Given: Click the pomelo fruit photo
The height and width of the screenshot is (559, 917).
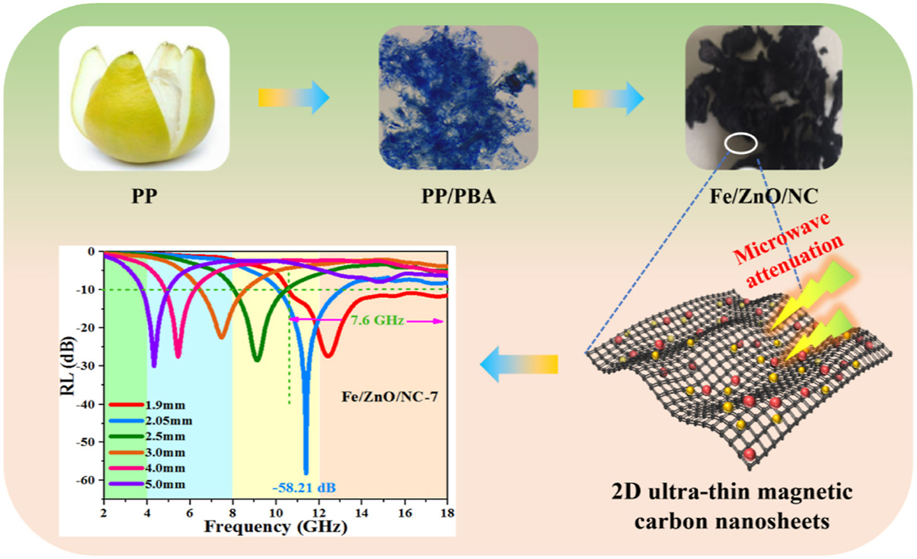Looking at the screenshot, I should tap(144, 99).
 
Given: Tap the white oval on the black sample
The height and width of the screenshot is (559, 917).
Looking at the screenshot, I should tap(741, 143).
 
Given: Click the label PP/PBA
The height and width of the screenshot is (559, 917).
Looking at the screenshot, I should tap(458, 196).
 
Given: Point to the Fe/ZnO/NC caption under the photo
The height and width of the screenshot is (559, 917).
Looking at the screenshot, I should tap(764, 196).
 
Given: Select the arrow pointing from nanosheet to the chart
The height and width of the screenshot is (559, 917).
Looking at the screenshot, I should tap(519, 364).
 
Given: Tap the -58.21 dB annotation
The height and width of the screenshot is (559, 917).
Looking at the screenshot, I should tap(304, 488).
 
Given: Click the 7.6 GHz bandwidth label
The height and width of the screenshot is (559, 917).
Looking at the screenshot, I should tap(378, 321).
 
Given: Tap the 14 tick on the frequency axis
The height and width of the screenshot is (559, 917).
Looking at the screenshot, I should tap(361, 513).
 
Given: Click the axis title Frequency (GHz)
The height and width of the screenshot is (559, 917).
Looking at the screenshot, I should tap(275, 527).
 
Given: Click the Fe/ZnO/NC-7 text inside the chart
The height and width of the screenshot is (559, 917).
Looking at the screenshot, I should tap(389, 397).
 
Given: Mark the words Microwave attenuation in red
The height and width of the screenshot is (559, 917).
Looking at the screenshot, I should tap(788, 249).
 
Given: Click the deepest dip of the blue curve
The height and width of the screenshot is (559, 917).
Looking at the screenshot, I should tap(306, 472).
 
